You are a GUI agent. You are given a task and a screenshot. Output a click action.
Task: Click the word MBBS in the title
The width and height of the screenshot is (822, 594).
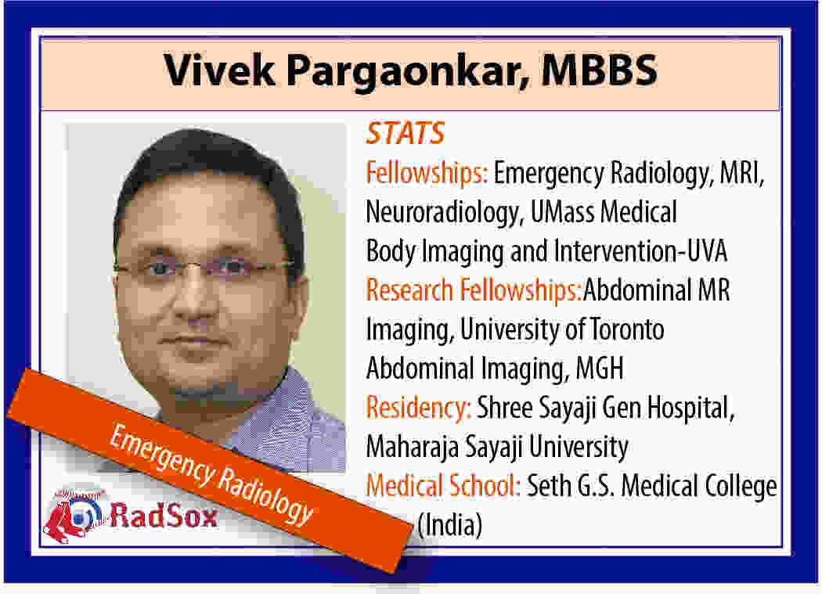click(x=599, y=70)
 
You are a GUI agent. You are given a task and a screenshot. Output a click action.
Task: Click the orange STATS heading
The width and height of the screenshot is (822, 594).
click(x=406, y=133)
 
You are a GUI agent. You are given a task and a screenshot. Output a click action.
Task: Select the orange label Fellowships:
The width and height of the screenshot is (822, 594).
click(x=427, y=173)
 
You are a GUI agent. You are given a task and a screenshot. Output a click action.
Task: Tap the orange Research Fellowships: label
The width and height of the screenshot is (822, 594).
click(x=474, y=290)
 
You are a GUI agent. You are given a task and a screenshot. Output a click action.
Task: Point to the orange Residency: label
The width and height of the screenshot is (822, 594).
click(x=418, y=408)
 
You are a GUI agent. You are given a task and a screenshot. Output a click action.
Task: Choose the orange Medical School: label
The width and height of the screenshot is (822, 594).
click(x=443, y=485)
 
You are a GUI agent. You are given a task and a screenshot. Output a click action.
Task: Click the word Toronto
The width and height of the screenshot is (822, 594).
click(x=627, y=329)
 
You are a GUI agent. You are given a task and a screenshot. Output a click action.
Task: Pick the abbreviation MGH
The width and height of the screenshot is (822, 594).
click(x=600, y=368)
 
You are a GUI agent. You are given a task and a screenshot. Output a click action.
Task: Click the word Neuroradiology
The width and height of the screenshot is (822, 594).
click(x=445, y=212)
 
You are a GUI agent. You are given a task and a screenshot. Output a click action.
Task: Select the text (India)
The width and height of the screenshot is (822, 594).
click(x=450, y=525)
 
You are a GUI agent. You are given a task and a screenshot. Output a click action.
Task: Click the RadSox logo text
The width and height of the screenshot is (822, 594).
click(x=164, y=515)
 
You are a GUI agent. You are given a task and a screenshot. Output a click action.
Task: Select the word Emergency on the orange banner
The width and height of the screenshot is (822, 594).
click(x=161, y=453)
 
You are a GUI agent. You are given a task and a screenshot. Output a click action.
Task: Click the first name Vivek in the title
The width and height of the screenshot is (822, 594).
click(x=219, y=70)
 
